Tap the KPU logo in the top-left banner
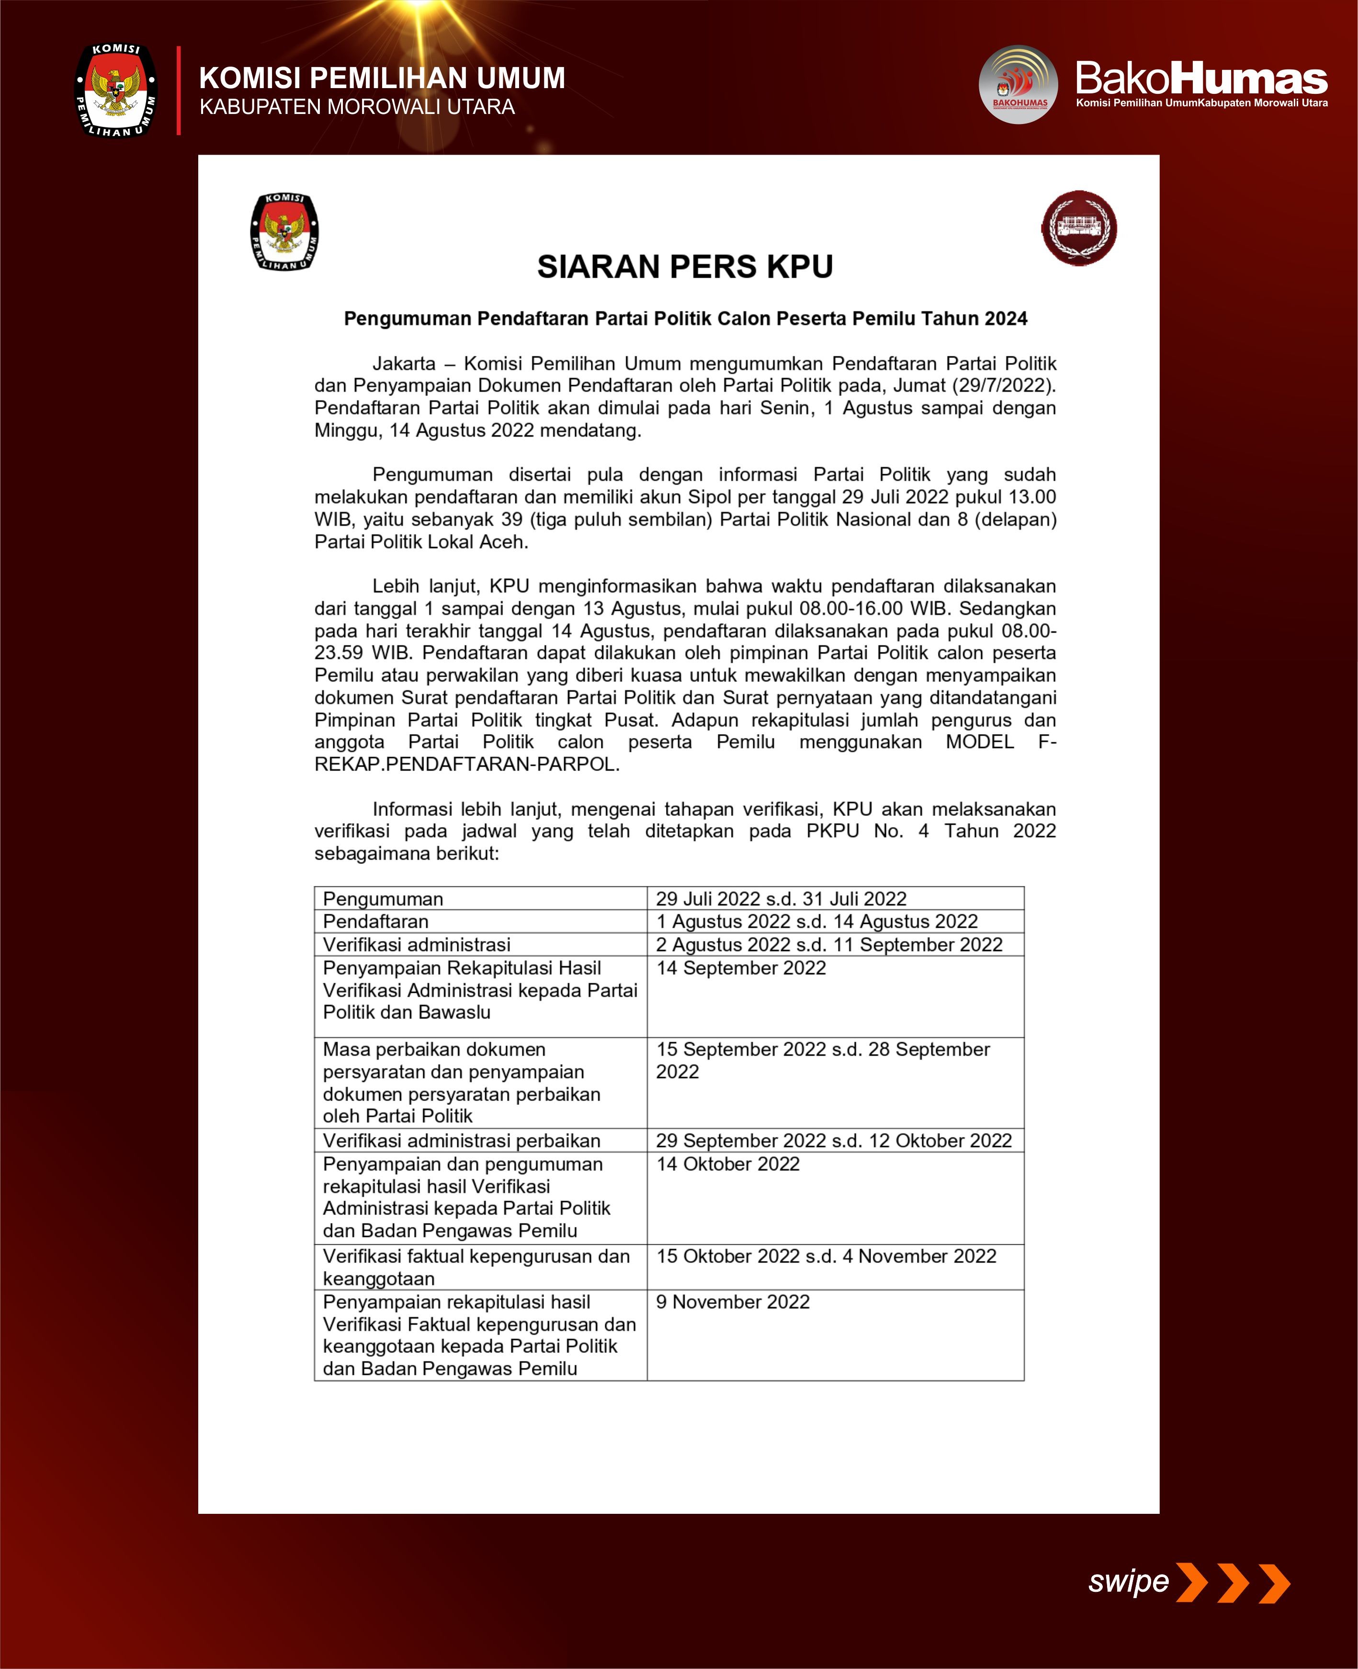tap(116, 90)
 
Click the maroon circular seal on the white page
tap(1079, 227)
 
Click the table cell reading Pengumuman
tap(383, 898)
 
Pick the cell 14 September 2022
tap(741, 968)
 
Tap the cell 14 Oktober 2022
tap(727, 1164)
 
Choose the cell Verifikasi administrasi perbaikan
tap(462, 1140)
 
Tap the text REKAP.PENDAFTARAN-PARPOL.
tap(467, 764)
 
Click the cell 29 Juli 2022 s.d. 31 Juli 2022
tap(781, 898)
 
